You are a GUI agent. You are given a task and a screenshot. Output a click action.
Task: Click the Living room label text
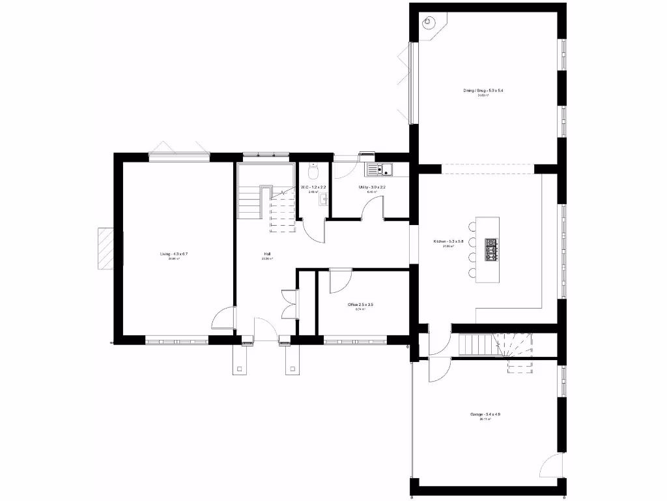(174, 254)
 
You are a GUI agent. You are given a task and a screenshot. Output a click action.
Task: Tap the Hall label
(267, 254)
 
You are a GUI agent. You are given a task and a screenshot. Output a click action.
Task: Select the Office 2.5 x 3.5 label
(360, 305)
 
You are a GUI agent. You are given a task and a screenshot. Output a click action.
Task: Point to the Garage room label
(485, 414)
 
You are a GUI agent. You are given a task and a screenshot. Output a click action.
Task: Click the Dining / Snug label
(483, 91)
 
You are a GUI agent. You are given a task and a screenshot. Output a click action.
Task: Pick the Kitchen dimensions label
(448, 242)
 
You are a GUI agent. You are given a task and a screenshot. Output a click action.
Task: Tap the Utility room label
(372, 187)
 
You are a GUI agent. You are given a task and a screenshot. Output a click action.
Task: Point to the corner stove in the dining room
(428, 22)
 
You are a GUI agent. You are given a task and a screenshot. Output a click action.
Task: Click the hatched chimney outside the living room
(106, 248)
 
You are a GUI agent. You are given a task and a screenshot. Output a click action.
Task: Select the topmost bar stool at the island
(472, 227)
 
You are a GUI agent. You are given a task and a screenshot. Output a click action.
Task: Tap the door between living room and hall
(223, 318)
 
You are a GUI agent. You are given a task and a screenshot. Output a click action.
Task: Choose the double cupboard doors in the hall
(287, 303)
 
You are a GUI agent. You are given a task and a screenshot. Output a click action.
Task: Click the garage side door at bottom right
(549, 466)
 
